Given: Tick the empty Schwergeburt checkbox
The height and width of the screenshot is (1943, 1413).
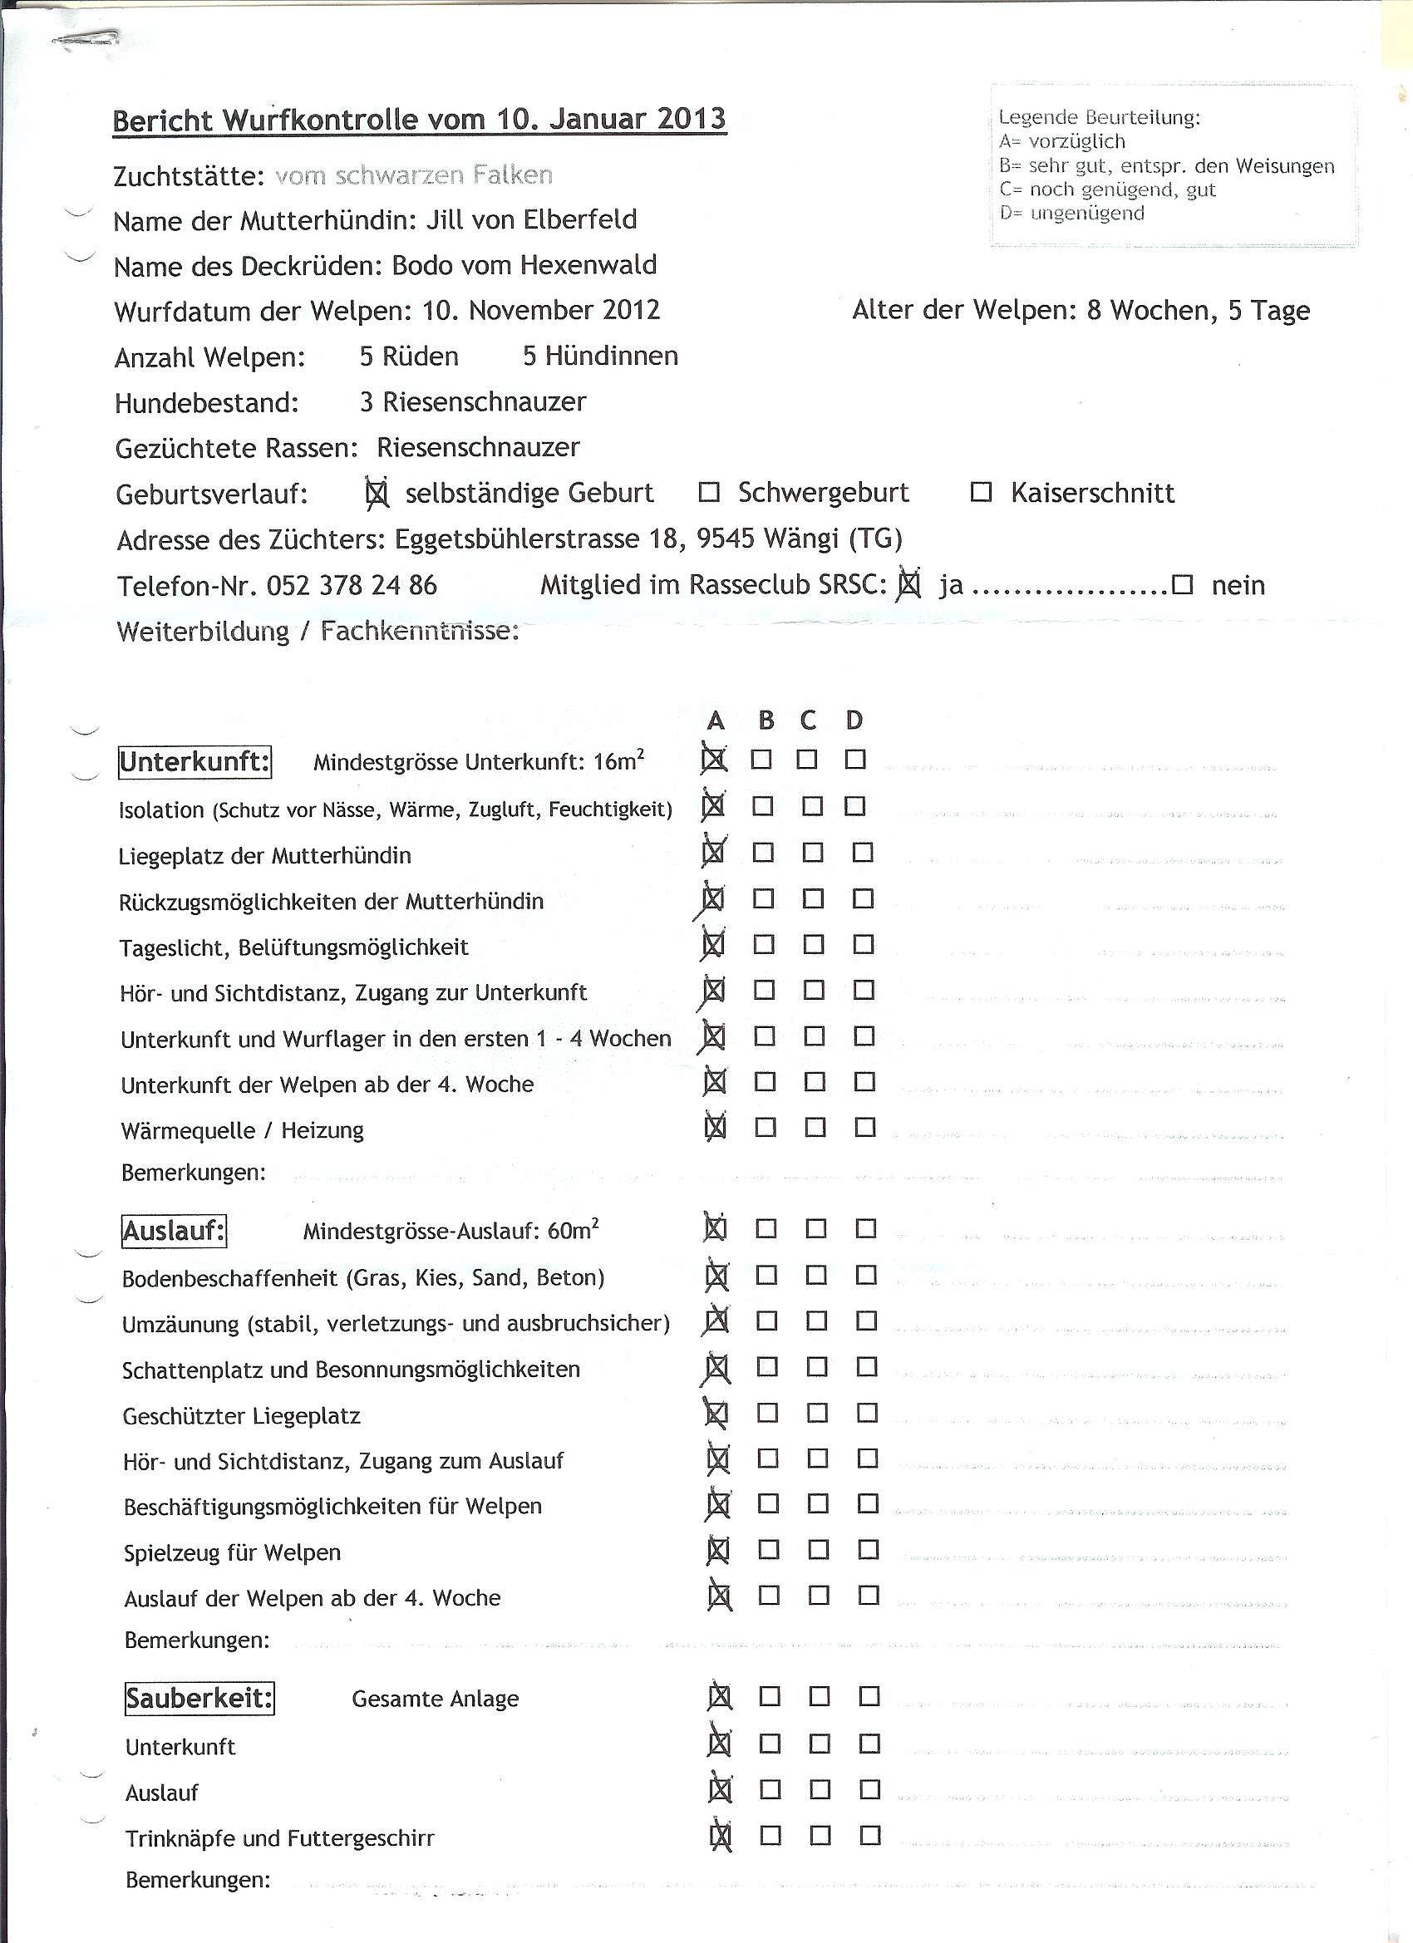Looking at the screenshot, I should pyautogui.click(x=709, y=493).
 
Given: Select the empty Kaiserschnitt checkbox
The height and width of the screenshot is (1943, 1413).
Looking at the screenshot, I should pyautogui.click(x=980, y=493).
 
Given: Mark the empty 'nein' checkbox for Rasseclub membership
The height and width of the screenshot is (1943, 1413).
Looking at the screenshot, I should pyautogui.click(x=1183, y=585).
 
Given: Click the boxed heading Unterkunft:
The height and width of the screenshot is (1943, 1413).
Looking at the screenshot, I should pyautogui.click(x=194, y=760).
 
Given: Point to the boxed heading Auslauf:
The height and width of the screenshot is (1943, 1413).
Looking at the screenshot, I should pyautogui.click(x=174, y=1231).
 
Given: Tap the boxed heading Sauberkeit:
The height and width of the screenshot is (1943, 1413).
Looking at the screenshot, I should pyautogui.click(x=199, y=1698).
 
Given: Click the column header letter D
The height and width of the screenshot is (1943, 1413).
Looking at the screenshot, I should pyautogui.click(x=854, y=721).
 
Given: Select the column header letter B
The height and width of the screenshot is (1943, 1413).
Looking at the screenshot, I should pyautogui.click(x=766, y=721).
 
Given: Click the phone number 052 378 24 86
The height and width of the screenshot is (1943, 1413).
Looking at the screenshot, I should pyautogui.click(x=352, y=585).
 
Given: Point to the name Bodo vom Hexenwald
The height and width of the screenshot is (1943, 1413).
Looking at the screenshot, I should pyautogui.click(x=524, y=265).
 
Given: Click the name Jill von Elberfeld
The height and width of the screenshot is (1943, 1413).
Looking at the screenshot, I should pyautogui.click(x=531, y=219).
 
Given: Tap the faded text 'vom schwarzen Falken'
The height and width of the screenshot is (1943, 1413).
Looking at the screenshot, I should pyautogui.click(x=414, y=175).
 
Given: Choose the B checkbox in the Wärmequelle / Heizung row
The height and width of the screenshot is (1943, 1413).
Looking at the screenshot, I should pyautogui.click(x=766, y=1128).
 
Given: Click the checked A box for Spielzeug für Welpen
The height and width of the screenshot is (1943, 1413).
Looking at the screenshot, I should pyautogui.click(x=718, y=1550).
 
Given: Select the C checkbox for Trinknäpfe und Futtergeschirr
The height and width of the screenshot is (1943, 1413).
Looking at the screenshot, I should pyautogui.click(x=820, y=1835).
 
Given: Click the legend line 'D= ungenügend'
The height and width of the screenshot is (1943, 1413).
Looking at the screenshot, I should pyautogui.click(x=1071, y=214).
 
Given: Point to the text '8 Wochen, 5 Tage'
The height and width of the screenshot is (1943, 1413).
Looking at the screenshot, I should pyautogui.click(x=1198, y=310).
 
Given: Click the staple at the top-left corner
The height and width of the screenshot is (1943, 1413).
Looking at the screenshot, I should pyautogui.click(x=86, y=38).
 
